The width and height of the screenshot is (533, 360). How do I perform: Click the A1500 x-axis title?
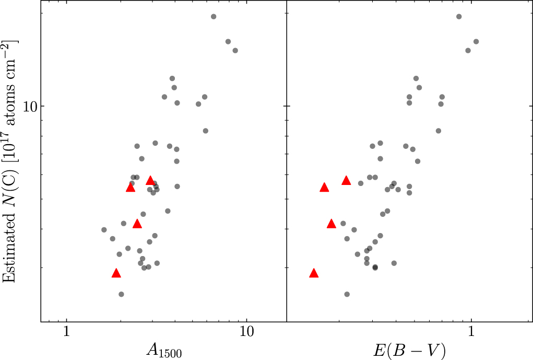pos(163,350)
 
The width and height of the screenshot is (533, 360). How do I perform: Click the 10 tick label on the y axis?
pos(32,106)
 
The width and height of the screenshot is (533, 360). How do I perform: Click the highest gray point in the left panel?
pos(213,17)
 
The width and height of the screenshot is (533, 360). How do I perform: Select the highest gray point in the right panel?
pos(459,17)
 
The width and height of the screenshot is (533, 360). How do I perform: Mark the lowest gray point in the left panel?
pos(121,294)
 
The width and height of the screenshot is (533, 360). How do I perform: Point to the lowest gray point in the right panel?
pos(347,294)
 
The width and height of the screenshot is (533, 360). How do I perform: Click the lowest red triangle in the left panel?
pos(116,273)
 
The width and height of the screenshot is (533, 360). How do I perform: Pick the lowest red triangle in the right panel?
pos(314,273)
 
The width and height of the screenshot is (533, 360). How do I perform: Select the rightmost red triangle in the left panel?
pos(150,181)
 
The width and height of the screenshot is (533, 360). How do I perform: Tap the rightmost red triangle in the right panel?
pos(346,181)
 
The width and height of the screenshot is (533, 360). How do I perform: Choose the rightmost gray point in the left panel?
pos(235,51)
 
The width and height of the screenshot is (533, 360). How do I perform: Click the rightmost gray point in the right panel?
pos(476,42)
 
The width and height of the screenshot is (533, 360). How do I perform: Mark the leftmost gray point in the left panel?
pos(104,230)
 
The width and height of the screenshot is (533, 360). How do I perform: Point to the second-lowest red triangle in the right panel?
pos(331,224)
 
